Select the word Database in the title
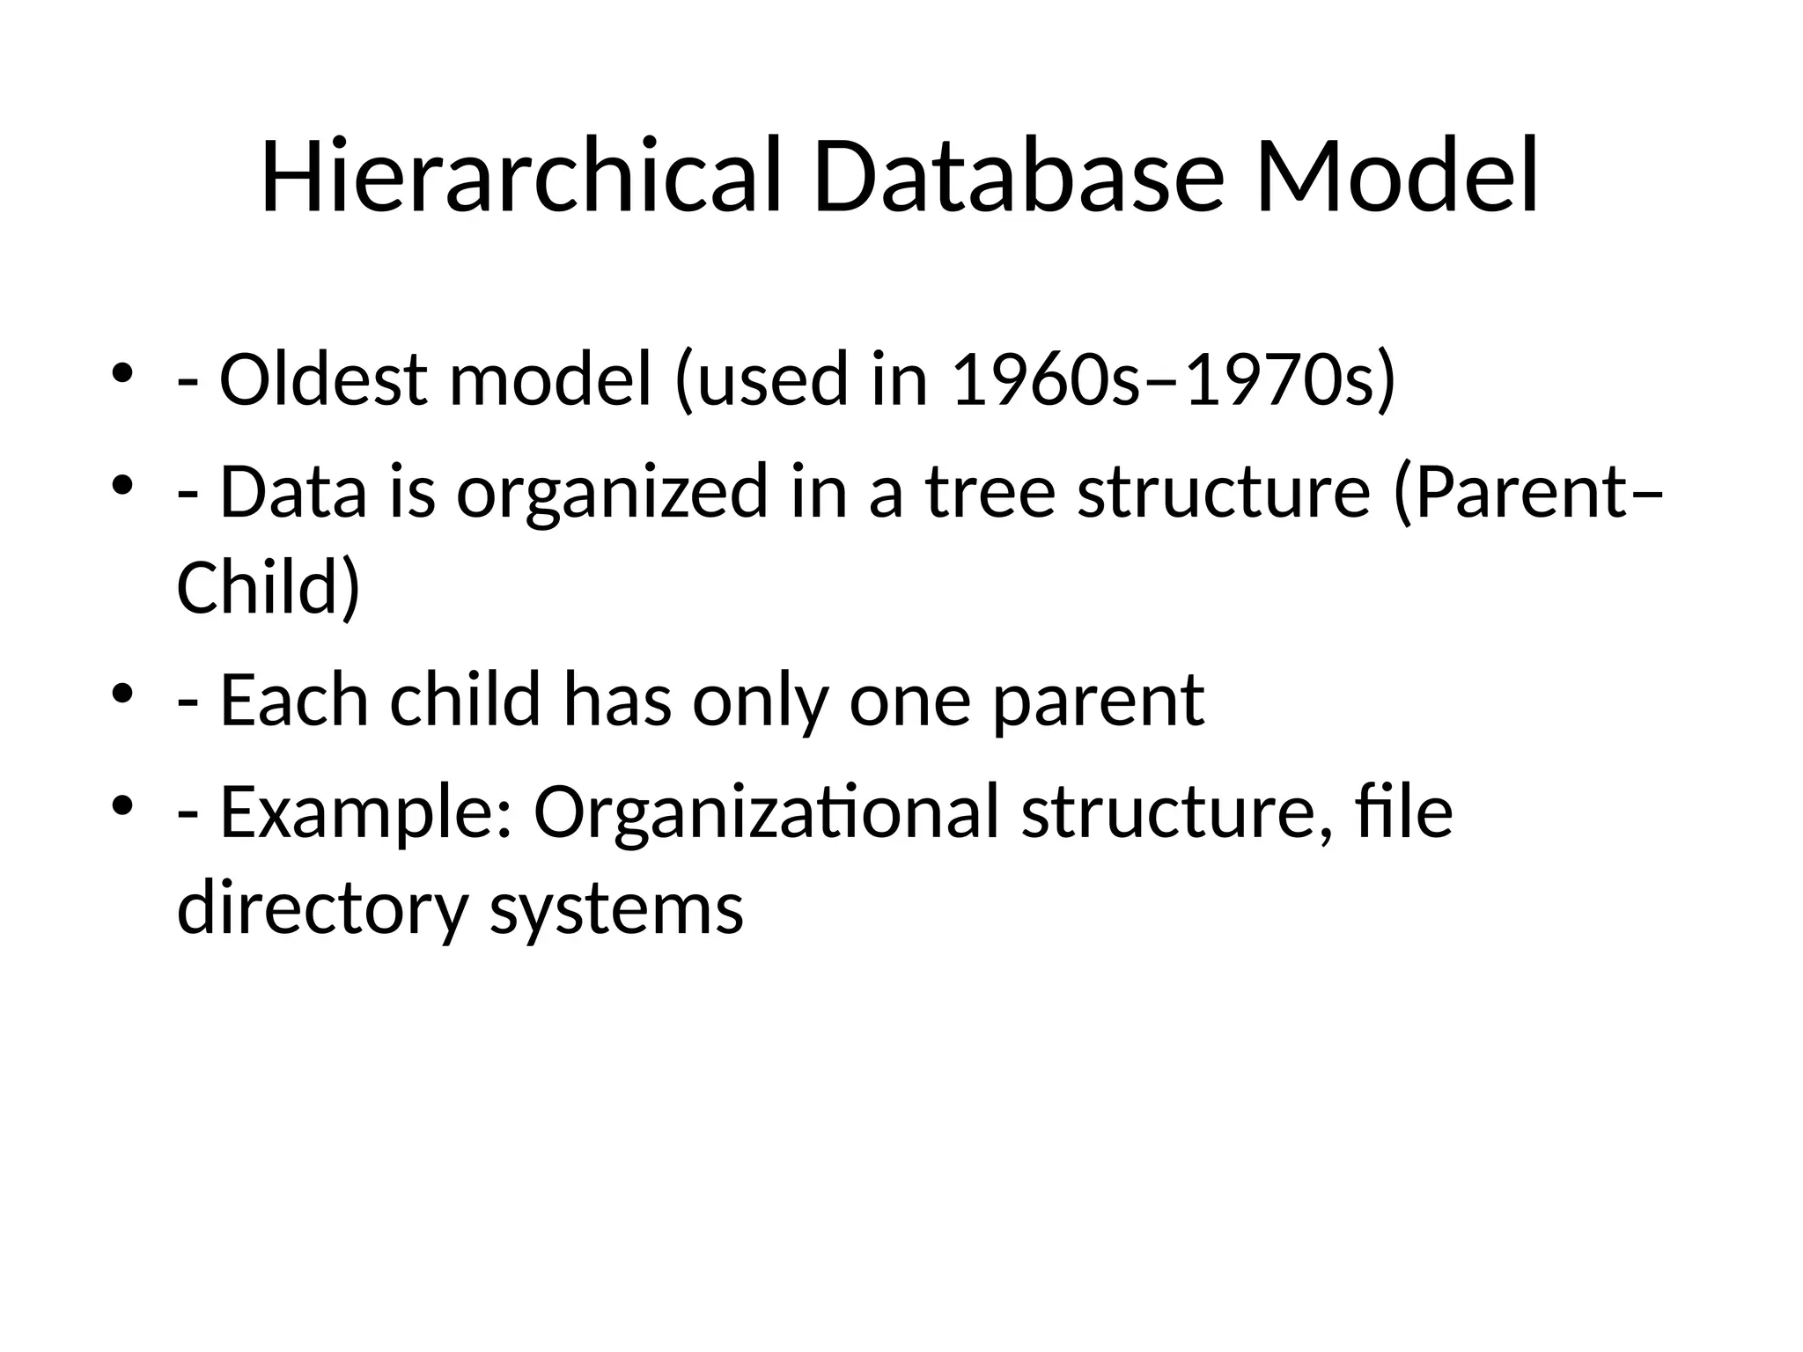1018,176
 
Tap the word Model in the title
1397,176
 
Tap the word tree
990,493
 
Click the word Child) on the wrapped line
269,588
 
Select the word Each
293,701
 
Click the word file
1404,812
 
